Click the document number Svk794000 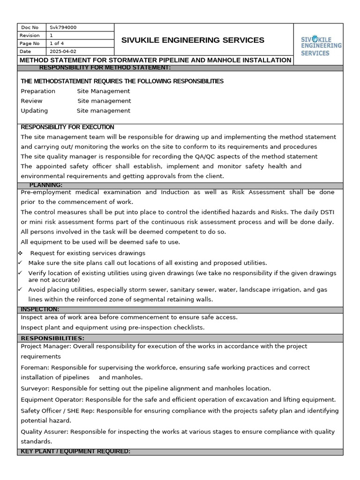pyautogui.click(x=63, y=28)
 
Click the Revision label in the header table pyautogui.click(x=30, y=36)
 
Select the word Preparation pyautogui.click(x=38, y=91)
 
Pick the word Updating pyautogui.click(x=34, y=111)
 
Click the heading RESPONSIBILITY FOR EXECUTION pyautogui.click(x=67, y=127)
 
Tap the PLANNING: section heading pyautogui.click(x=45, y=185)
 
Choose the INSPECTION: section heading pyautogui.click(x=40, y=309)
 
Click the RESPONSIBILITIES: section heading pyautogui.click(x=52, y=338)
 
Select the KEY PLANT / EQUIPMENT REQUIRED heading pyautogui.click(x=75, y=451)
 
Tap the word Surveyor pyautogui.click(x=35, y=389)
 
